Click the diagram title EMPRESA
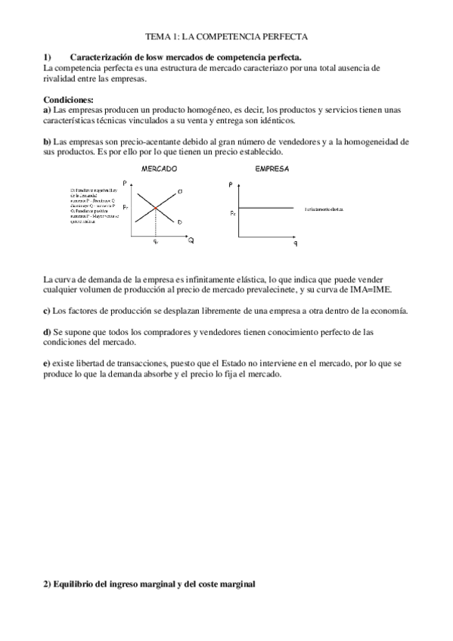pos(271,169)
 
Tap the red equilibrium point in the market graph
pos(156,208)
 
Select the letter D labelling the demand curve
pos(179,222)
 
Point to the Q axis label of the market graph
pos(191,240)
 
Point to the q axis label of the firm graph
pos(295,243)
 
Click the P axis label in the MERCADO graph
pos(133,182)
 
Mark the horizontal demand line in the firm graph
pos(265,208)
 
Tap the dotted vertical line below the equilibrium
pos(156,223)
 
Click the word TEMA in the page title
pos(157,36)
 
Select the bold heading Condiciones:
pos(69,99)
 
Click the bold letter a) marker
pos(48,110)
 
